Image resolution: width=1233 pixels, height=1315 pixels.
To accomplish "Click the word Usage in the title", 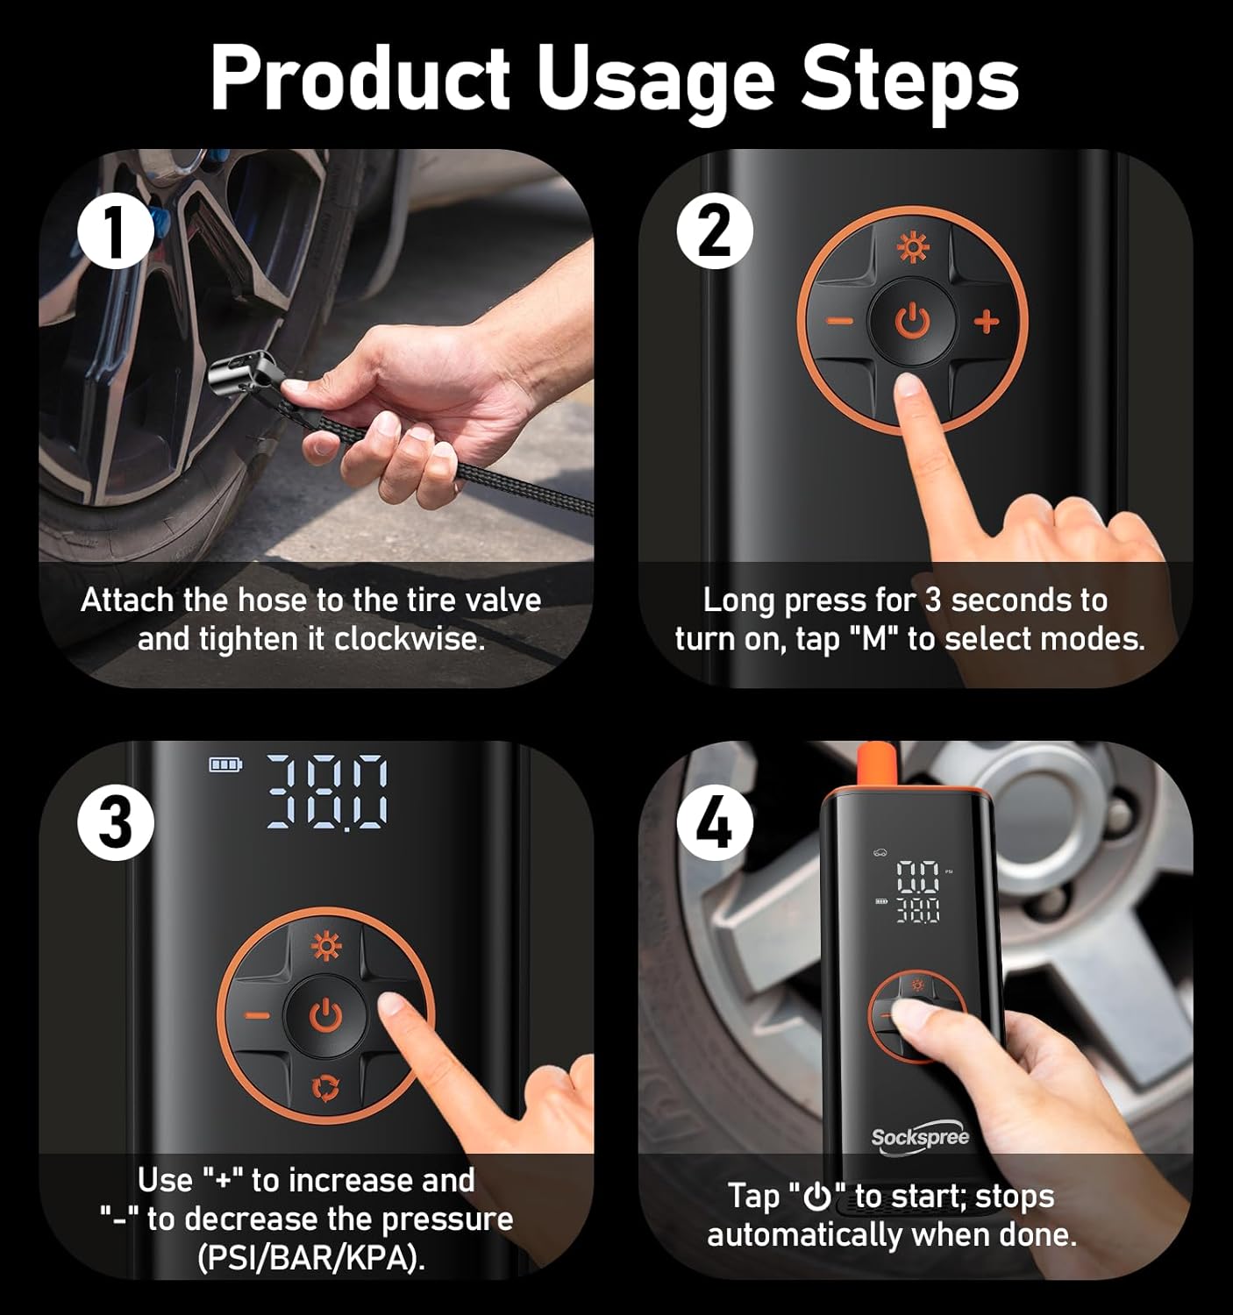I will (654, 81).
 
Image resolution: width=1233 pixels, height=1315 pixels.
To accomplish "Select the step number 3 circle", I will (115, 823).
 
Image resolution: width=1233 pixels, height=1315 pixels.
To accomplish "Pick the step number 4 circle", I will (715, 823).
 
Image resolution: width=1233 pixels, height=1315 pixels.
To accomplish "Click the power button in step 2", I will (912, 322).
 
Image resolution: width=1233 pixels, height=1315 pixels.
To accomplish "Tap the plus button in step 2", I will (987, 322).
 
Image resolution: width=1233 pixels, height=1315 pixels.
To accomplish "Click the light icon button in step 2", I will (912, 250).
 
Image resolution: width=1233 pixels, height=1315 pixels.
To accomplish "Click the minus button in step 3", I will (257, 1015).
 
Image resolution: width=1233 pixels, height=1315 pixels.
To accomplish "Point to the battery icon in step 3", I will (225, 765).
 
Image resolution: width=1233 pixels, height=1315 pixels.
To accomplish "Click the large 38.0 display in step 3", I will (326, 792).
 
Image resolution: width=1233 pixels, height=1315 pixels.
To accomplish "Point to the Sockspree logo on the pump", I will (920, 1138).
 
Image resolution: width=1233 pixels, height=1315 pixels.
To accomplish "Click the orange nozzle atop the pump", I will (875, 764).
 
